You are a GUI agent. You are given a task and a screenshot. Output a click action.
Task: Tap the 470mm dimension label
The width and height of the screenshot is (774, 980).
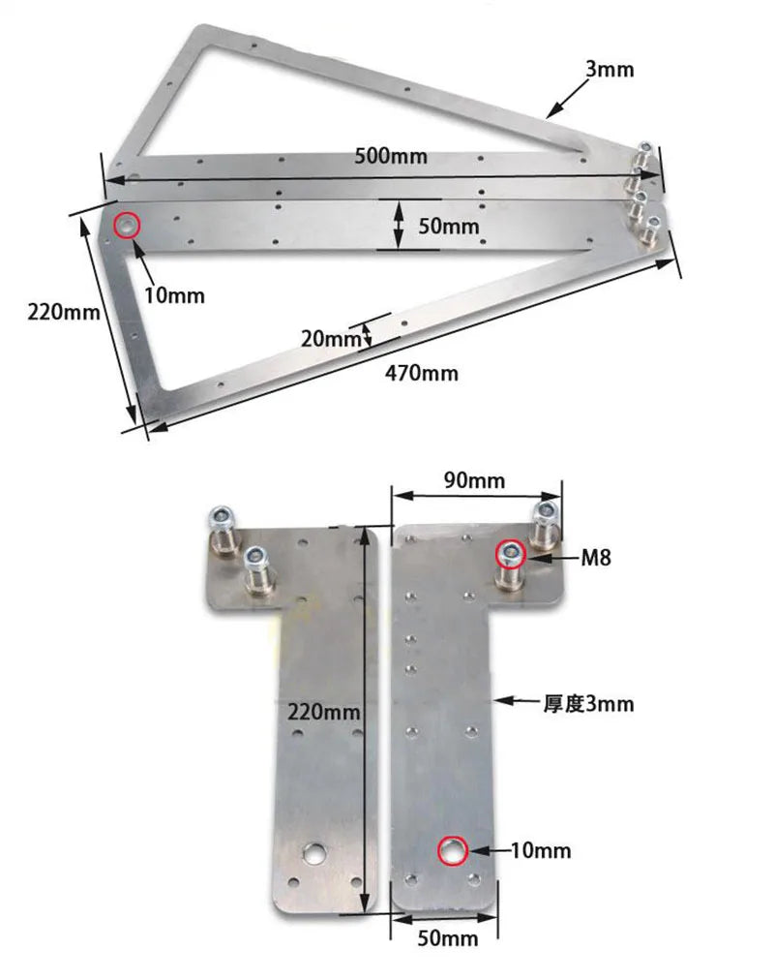coord(422,373)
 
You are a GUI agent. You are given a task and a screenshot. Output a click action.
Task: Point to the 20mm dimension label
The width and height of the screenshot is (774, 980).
coord(328,339)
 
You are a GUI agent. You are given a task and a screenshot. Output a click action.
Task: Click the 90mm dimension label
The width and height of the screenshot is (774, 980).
coord(473,479)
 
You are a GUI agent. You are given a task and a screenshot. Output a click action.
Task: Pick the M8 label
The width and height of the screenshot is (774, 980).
coord(596,557)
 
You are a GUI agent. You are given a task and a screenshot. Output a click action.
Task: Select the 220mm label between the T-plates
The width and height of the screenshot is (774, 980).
coord(324,712)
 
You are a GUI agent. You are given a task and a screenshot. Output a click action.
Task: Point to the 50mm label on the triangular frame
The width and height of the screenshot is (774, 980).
coord(448,226)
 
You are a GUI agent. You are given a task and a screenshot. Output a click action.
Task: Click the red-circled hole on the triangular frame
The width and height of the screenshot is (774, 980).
coord(127,226)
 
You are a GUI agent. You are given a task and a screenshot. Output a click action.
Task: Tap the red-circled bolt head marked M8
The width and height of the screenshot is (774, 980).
coord(511,555)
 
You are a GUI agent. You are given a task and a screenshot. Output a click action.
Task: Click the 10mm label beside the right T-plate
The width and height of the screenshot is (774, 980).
coord(541,851)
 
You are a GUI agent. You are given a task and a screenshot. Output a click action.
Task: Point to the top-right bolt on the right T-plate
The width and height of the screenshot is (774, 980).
coord(546,514)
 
